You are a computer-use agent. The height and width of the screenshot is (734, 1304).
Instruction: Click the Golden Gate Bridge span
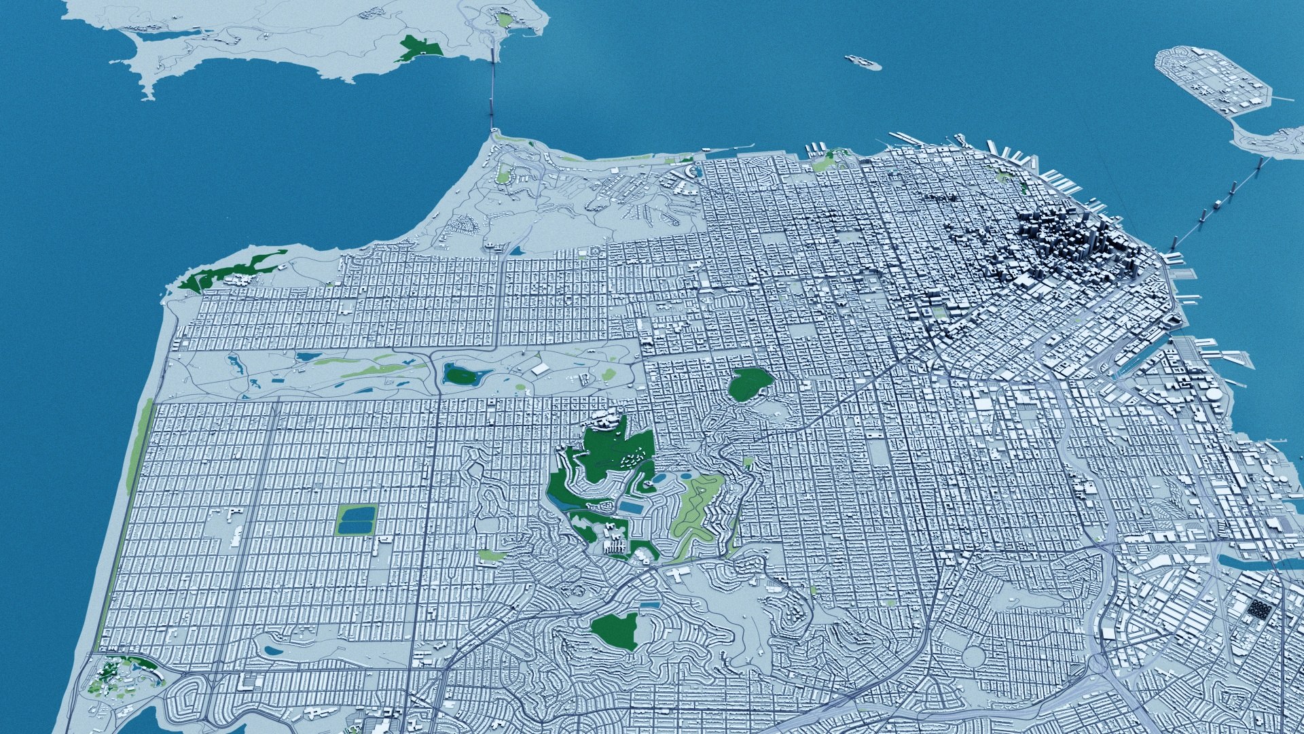(x=492, y=88)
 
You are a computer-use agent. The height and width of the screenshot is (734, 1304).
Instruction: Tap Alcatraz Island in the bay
(x=863, y=63)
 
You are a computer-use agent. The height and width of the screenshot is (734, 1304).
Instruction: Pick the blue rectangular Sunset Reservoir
(x=356, y=521)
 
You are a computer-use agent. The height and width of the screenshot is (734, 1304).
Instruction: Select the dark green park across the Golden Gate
(x=420, y=48)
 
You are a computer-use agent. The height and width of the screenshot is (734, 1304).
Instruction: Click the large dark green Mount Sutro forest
(x=598, y=469)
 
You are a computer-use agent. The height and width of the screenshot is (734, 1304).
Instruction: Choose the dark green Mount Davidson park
(x=615, y=631)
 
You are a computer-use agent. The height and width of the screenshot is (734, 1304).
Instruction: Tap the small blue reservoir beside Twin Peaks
(x=633, y=508)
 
